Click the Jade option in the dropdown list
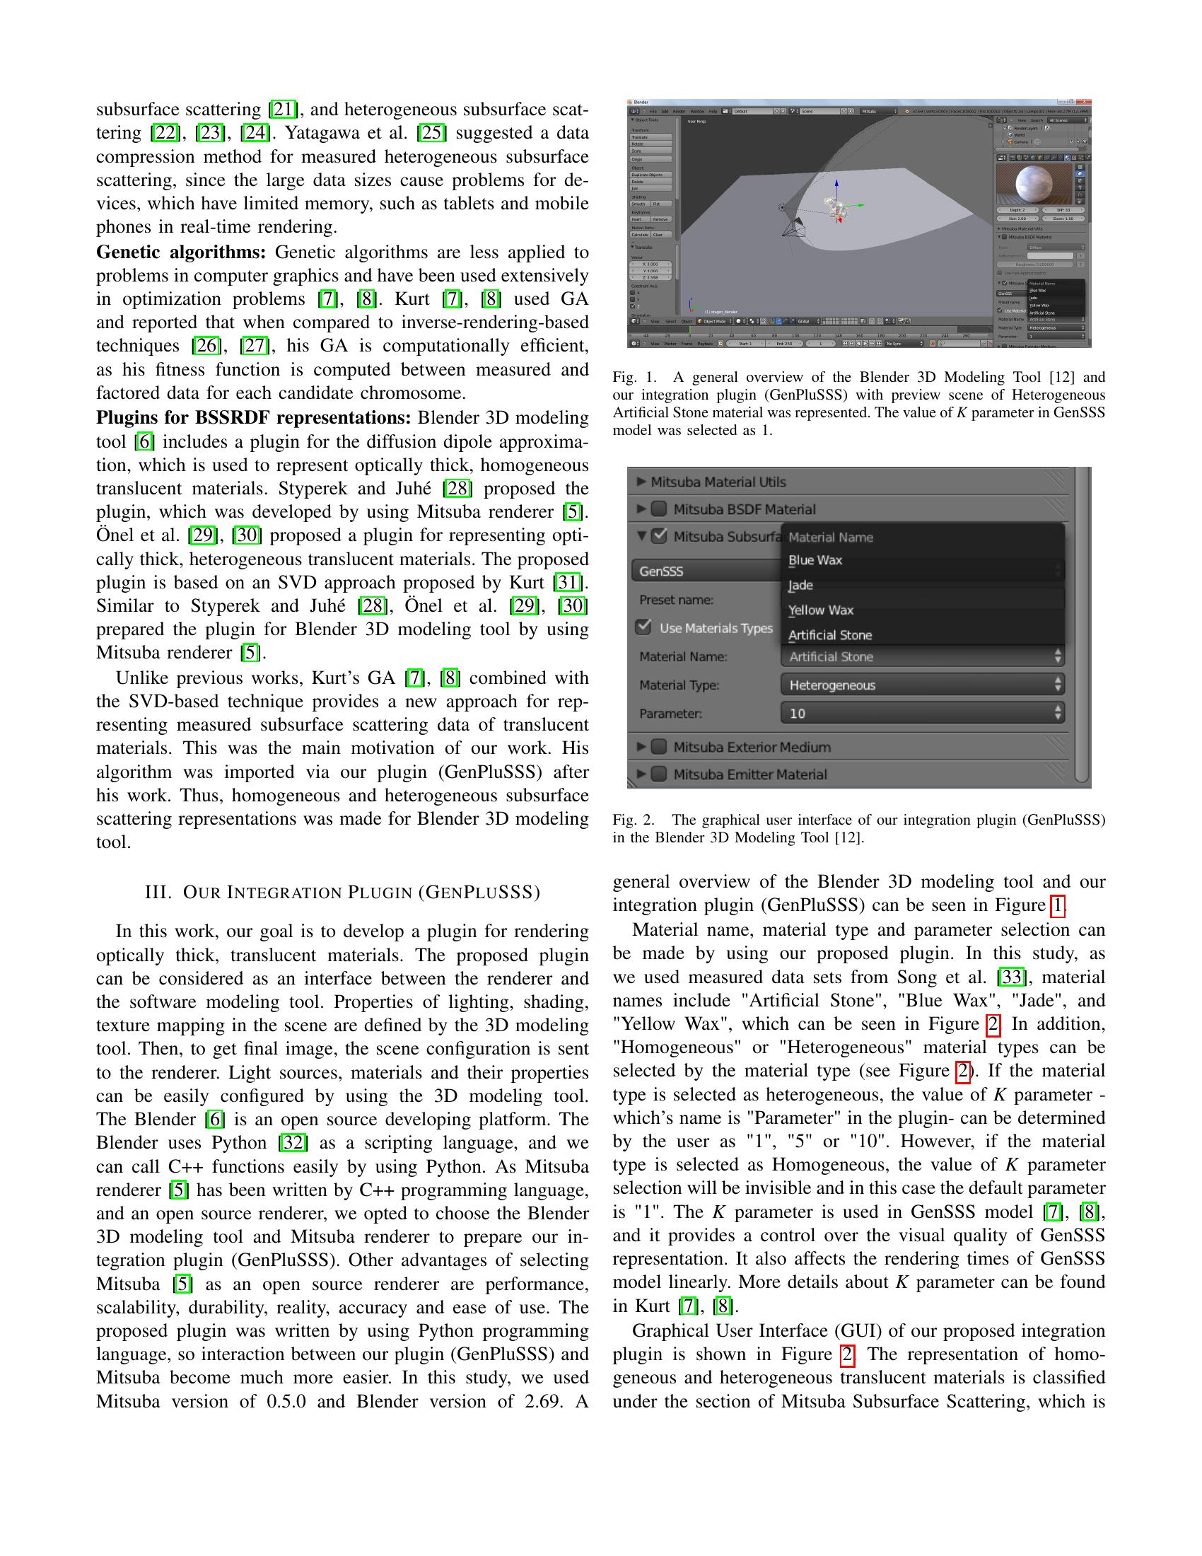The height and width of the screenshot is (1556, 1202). [x=801, y=585]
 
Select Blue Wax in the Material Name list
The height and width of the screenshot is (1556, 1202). [x=815, y=560]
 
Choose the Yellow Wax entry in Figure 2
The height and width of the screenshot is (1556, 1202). [x=820, y=610]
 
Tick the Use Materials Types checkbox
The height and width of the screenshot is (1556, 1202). [x=644, y=627]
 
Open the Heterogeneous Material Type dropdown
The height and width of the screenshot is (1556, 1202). [x=922, y=685]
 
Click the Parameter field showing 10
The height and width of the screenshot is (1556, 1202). [x=922, y=713]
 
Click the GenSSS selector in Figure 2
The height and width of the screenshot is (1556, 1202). [x=705, y=571]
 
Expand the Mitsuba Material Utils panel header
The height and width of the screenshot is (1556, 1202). [x=718, y=482]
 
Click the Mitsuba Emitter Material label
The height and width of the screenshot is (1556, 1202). [x=749, y=774]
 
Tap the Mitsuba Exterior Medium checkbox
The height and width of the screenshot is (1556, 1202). [x=660, y=747]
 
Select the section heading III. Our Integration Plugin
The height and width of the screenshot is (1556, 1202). [x=342, y=893]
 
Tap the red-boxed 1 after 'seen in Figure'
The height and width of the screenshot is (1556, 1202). [x=1058, y=905]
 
